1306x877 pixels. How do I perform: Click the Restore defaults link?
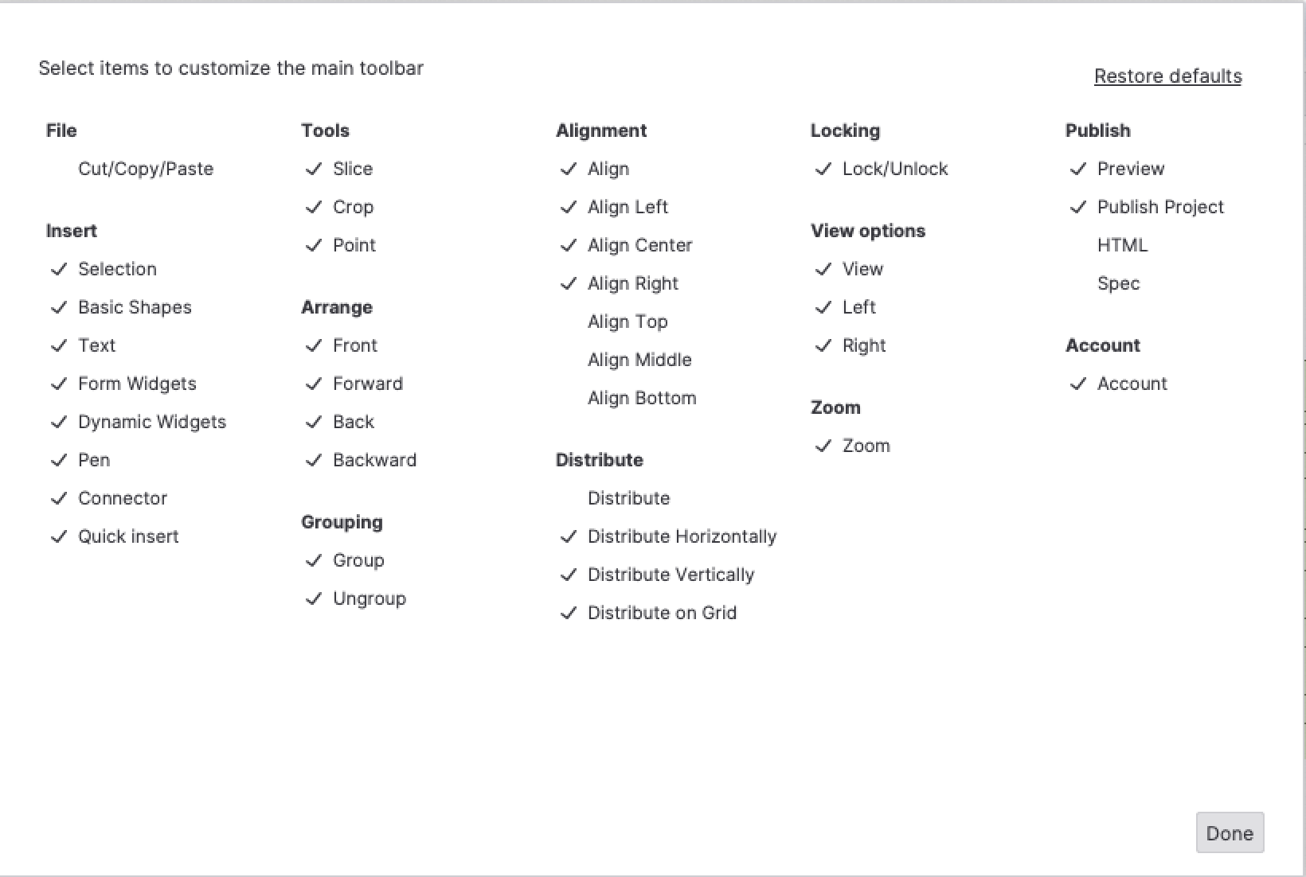click(x=1167, y=76)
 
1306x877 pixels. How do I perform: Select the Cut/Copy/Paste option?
click(x=146, y=169)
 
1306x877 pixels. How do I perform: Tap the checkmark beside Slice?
click(x=314, y=169)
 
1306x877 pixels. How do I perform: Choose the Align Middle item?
click(x=639, y=360)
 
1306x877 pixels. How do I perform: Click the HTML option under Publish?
click(x=1122, y=245)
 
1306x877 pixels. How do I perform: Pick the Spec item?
click(x=1118, y=283)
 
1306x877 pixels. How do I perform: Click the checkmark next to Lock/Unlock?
click(x=823, y=169)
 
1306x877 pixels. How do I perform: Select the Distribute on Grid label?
click(x=662, y=613)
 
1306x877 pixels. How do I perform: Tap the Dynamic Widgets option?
click(x=151, y=422)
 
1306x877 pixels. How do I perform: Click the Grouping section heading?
click(x=342, y=522)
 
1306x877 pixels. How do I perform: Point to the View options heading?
click(x=868, y=231)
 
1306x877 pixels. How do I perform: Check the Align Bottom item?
click(x=641, y=398)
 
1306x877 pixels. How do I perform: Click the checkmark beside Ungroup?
click(x=314, y=598)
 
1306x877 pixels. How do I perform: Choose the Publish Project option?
click(x=1159, y=207)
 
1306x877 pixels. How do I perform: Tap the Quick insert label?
click(x=128, y=536)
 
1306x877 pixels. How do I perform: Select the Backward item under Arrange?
click(x=374, y=460)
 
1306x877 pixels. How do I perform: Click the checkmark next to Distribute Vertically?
click(x=569, y=575)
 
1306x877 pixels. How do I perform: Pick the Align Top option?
click(x=628, y=322)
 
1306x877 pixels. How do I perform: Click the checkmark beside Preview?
click(x=1078, y=169)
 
